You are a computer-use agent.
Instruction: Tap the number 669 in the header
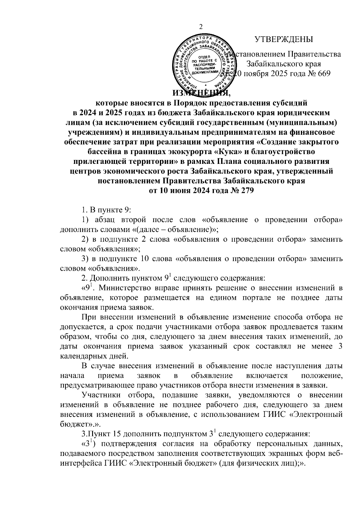coord(322,74)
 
